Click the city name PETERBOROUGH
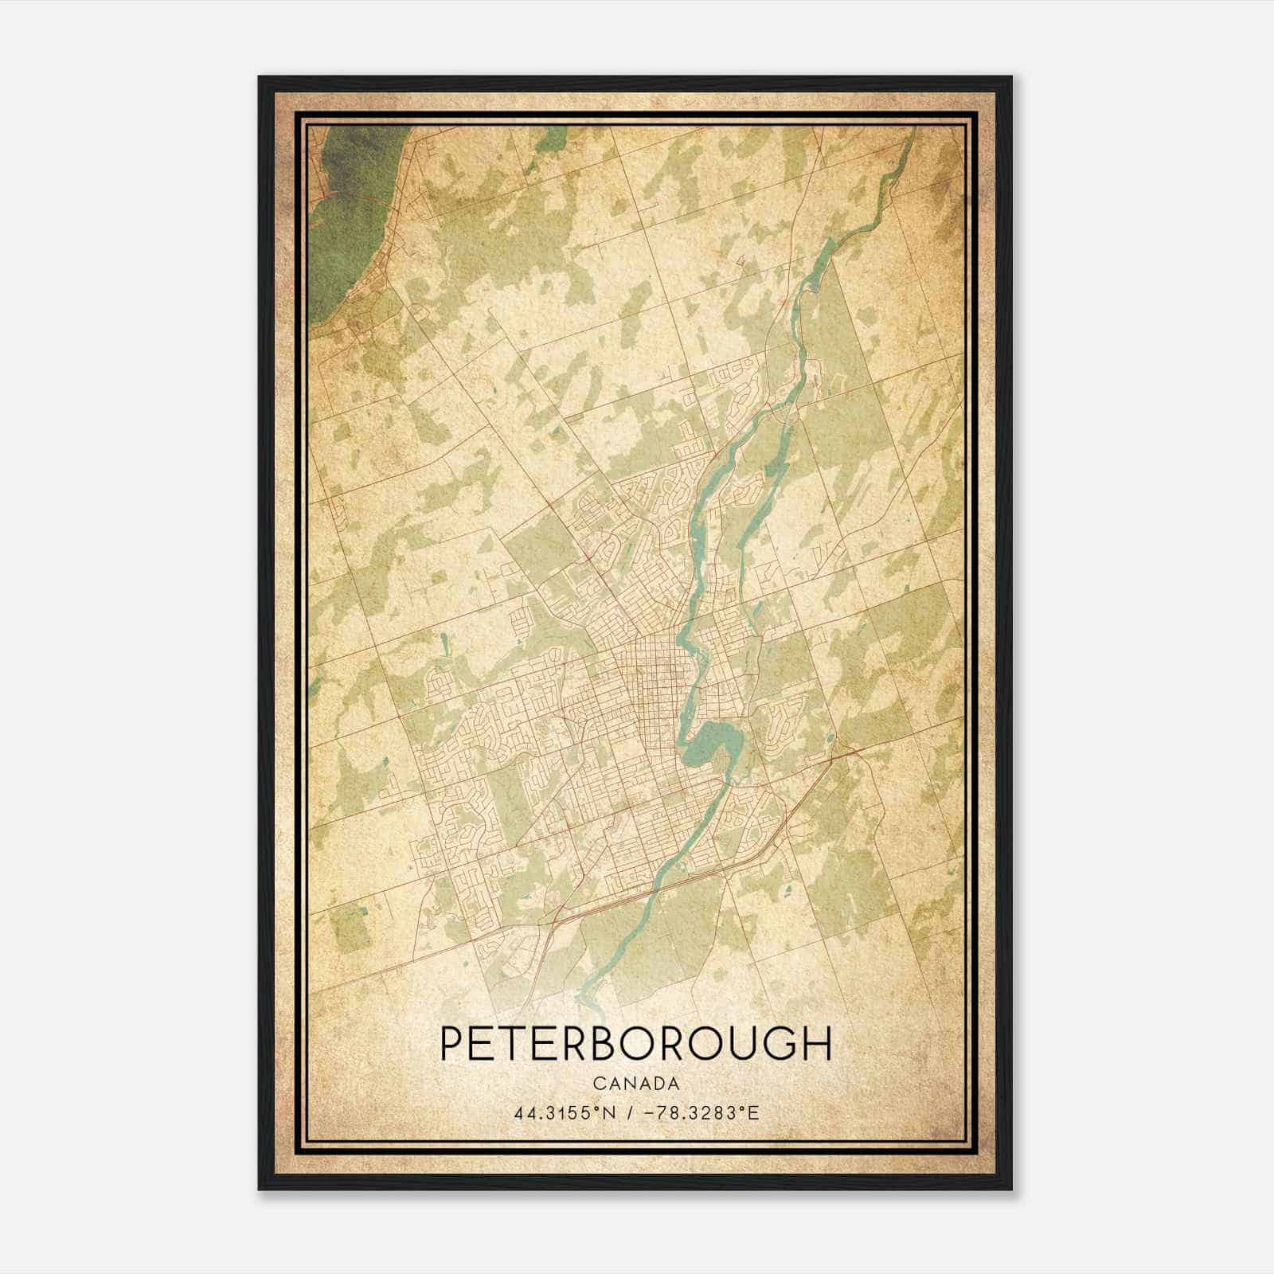[x=635, y=1045]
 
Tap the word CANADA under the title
[x=635, y=1084]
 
